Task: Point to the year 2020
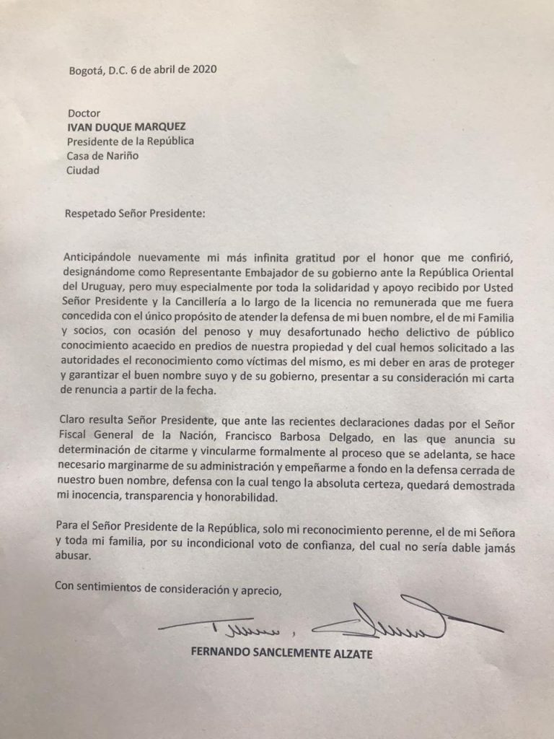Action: (203, 71)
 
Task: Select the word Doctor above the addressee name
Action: (83, 113)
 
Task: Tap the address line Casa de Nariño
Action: (102, 155)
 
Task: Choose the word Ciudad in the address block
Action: (84, 170)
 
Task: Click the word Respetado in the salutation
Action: (92, 214)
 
